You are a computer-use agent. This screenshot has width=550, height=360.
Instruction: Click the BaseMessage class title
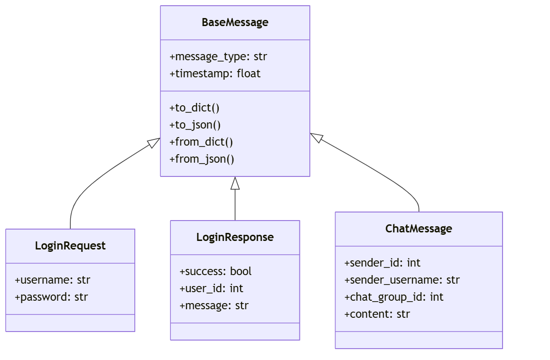click(x=235, y=22)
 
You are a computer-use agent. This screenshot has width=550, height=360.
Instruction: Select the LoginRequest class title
click(x=70, y=246)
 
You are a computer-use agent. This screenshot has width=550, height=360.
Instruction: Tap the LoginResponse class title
click(x=235, y=237)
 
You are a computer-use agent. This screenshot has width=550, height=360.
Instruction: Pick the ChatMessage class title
click(x=419, y=229)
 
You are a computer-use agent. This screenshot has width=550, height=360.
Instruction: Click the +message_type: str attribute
click(x=218, y=57)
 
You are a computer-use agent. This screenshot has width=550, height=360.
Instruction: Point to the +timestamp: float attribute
click(x=215, y=74)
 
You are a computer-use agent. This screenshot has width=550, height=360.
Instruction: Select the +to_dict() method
click(x=194, y=108)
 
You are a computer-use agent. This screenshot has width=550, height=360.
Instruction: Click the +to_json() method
click(x=195, y=125)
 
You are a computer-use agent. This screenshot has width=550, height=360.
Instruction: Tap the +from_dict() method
click(x=201, y=142)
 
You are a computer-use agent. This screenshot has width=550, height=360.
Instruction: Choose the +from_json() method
click(x=202, y=159)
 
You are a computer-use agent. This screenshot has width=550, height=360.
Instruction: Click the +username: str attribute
click(x=53, y=280)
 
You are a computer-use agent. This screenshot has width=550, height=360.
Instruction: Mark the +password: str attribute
click(x=51, y=297)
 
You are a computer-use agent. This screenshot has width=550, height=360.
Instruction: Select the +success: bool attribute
click(x=216, y=271)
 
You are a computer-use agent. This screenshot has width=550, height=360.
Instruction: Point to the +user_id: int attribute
click(x=212, y=288)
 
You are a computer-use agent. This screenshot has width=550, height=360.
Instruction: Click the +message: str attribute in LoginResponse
click(x=214, y=305)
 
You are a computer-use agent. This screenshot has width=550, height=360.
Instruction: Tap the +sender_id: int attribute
click(x=382, y=263)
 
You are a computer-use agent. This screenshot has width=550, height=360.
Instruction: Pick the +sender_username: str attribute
click(x=402, y=280)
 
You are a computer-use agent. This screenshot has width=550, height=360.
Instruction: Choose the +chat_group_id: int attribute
click(x=394, y=297)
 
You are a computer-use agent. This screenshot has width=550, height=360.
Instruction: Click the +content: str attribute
click(x=377, y=314)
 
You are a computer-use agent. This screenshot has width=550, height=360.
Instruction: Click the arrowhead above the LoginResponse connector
click(x=235, y=184)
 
